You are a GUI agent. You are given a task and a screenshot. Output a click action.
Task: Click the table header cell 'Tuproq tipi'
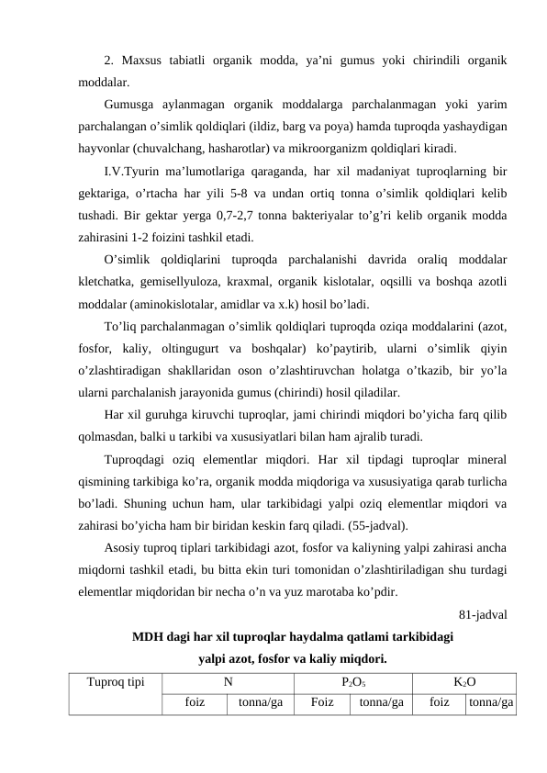(x=115, y=683)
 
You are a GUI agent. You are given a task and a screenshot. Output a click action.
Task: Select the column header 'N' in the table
(x=226, y=683)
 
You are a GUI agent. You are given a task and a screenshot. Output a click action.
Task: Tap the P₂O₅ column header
(x=354, y=683)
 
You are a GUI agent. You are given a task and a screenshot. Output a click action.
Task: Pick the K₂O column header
(x=464, y=683)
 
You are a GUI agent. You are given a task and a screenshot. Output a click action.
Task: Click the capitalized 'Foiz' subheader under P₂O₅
(x=321, y=704)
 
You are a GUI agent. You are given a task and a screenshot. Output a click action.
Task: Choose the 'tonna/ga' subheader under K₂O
(x=490, y=704)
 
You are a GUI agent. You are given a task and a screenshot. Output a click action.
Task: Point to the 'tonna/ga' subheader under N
(x=261, y=704)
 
